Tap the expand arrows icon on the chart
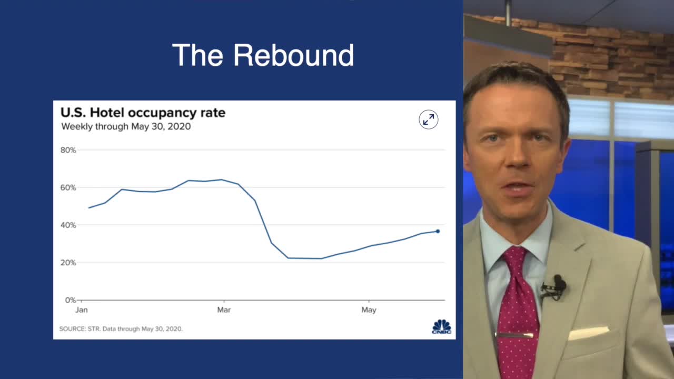pos(429,120)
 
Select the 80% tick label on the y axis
pos(68,150)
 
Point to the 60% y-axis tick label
pos(68,187)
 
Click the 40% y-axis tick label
pos(68,225)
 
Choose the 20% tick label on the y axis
pos(68,263)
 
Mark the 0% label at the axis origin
pos(70,300)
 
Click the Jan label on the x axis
pos(82,310)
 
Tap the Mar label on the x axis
pos(224,310)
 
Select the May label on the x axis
pos(369,310)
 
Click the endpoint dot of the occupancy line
pos(438,231)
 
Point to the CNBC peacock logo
pos(441,326)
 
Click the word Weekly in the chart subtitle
pos(76,126)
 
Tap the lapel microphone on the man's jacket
pos(557,285)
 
